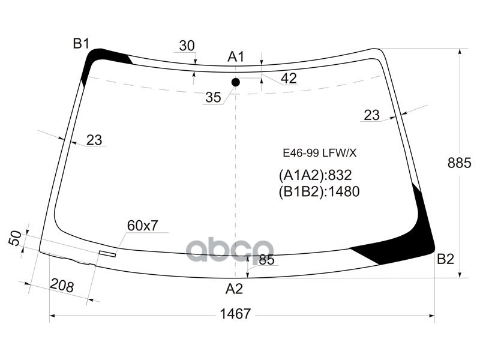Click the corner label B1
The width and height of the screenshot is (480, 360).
pyautogui.click(x=81, y=43)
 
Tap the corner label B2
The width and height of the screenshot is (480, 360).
pyautogui.click(x=445, y=259)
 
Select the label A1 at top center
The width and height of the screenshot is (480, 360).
pyautogui.click(x=236, y=57)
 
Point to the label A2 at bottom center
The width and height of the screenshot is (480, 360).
pyautogui.click(x=234, y=289)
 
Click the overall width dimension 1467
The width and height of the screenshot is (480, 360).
pyautogui.click(x=235, y=314)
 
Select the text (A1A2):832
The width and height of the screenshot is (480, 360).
pyautogui.click(x=314, y=175)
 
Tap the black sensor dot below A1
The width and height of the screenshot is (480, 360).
pyautogui.click(x=236, y=82)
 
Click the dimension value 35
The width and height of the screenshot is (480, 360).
pyautogui.click(x=213, y=97)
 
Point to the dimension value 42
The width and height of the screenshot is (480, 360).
pyautogui.click(x=289, y=78)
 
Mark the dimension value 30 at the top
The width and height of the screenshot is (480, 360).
pyautogui.click(x=187, y=46)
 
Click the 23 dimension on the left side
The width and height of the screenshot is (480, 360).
pyautogui.click(x=94, y=140)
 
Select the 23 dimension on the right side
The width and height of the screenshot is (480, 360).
pyautogui.click(x=372, y=115)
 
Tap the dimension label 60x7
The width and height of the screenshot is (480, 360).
pyautogui.click(x=142, y=226)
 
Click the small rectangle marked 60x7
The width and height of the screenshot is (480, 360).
pyautogui.click(x=107, y=253)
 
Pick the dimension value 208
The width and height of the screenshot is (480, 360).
pyautogui.click(x=61, y=286)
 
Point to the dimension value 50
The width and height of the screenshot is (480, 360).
pyautogui.click(x=16, y=238)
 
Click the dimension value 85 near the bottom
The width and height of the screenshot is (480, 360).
pyautogui.click(x=267, y=260)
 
